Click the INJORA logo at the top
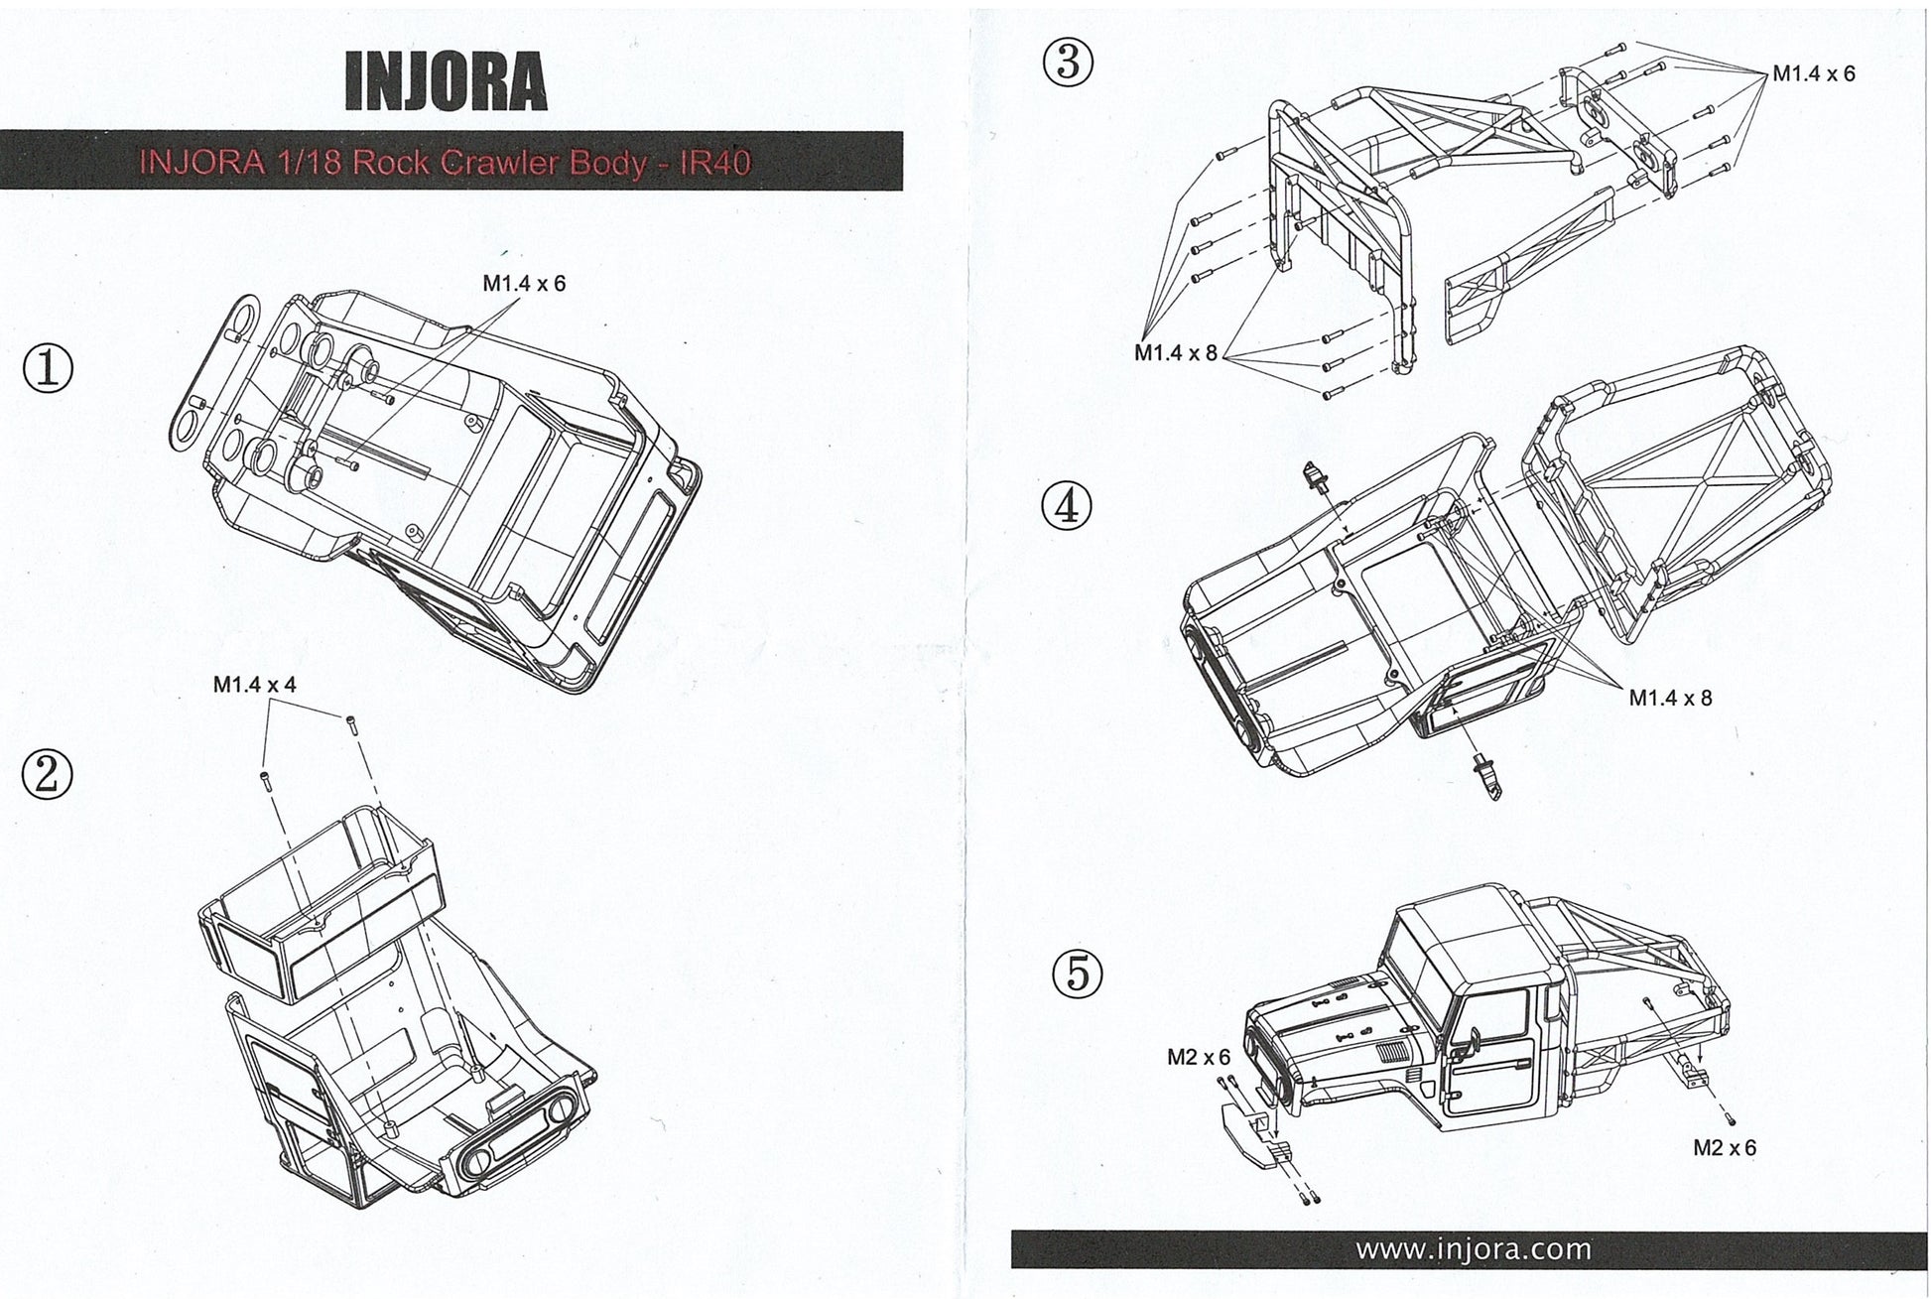(446, 80)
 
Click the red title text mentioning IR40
(446, 162)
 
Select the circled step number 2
(47, 775)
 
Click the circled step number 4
(1067, 507)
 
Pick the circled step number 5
(1077, 973)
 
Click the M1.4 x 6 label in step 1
(524, 284)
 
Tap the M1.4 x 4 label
(254, 685)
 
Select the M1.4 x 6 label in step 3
(1813, 74)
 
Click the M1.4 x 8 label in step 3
(1175, 353)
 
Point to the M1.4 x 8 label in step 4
(1670, 698)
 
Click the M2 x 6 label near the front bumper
(1198, 1058)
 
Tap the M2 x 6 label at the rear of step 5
(1724, 1148)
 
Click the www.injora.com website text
(1473, 1249)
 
